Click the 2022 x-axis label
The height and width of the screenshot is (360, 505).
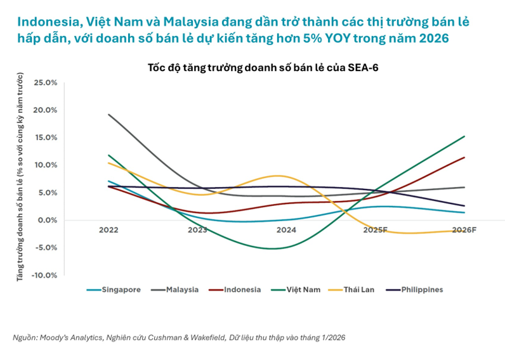click(108, 230)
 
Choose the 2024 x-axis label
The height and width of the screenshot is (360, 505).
click(286, 230)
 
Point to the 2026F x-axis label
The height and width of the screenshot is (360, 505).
click(464, 230)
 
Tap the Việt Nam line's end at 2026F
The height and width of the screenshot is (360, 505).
click(464, 136)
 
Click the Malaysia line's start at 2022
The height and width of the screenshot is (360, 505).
click(108, 115)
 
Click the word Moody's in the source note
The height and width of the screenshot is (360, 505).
click(53, 338)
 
